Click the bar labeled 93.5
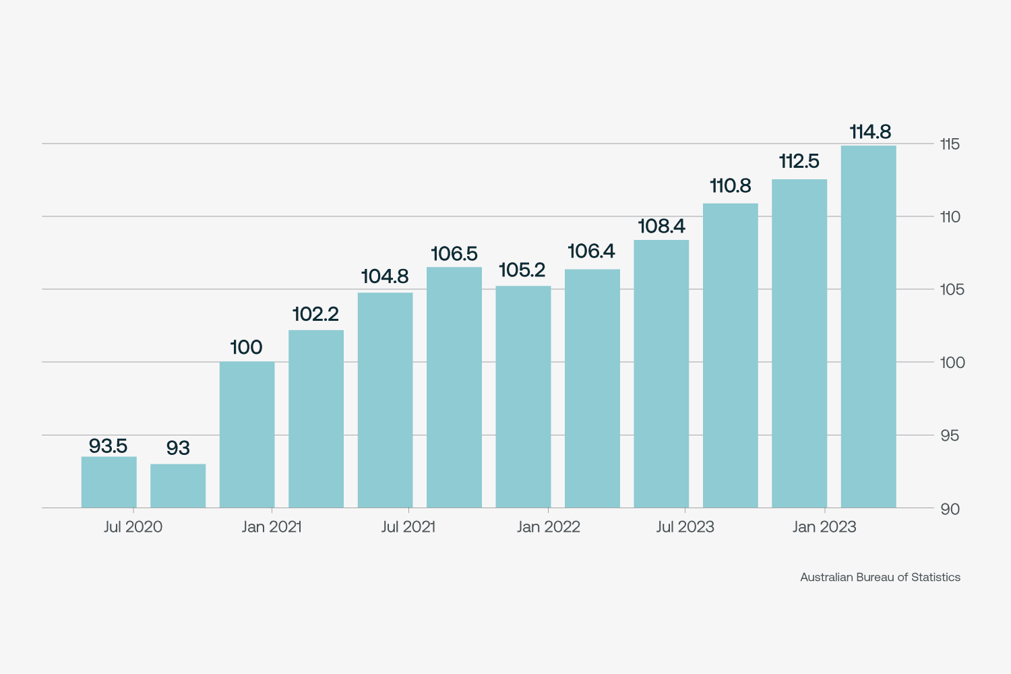click(109, 482)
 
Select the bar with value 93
click(178, 485)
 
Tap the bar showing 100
click(247, 435)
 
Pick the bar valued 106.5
click(454, 388)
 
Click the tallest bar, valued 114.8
click(869, 327)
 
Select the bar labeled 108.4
click(661, 374)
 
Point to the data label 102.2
click(315, 314)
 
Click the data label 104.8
click(385, 276)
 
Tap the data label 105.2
click(522, 270)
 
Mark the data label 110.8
click(731, 186)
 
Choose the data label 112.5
click(799, 162)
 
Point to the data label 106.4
click(592, 251)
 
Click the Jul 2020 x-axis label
click(133, 527)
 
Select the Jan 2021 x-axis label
click(272, 527)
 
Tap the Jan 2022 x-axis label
click(549, 527)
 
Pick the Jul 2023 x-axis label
click(685, 527)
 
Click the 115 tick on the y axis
click(950, 144)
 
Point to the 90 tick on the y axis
click(950, 509)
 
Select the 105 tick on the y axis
click(952, 290)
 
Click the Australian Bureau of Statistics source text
click(880, 578)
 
